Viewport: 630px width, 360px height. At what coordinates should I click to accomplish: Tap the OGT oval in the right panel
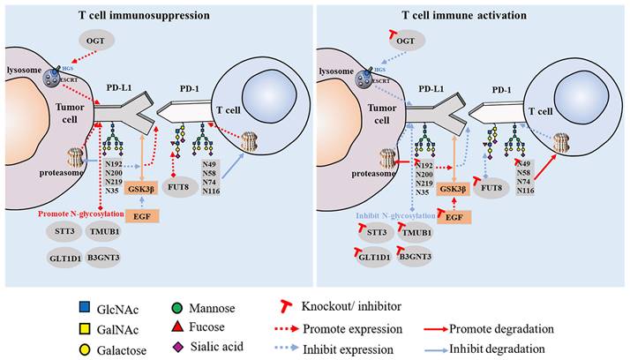(x=405, y=39)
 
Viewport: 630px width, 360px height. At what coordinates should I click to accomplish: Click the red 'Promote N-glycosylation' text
(x=86, y=214)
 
